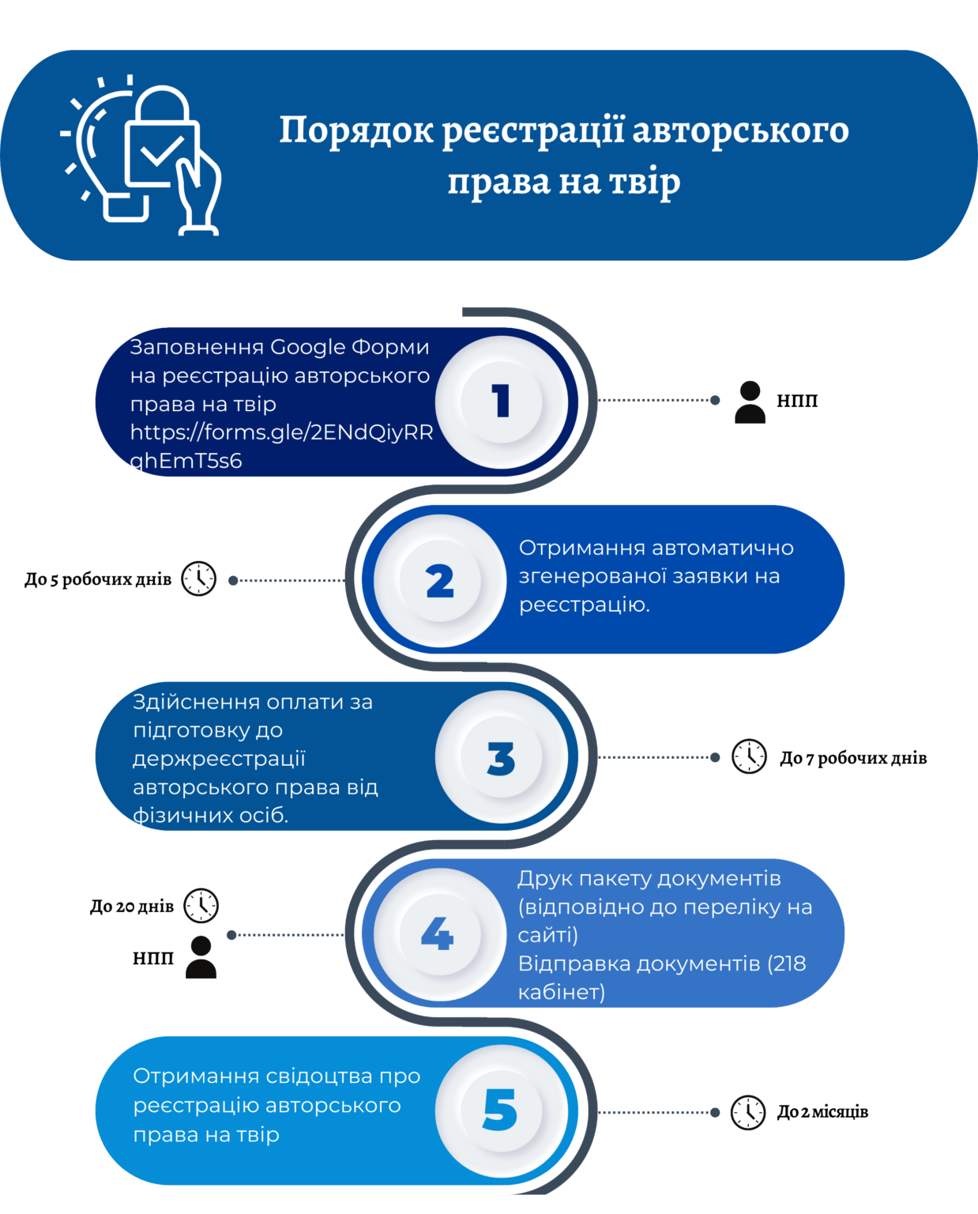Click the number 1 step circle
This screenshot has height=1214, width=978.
click(502, 402)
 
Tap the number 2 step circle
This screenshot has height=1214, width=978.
click(440, 580)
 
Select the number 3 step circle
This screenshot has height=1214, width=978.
click(502, 757)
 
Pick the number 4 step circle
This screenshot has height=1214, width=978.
click(440, 934)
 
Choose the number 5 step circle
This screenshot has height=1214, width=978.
click(502, 1111)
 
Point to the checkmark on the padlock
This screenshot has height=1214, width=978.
click(163, 151)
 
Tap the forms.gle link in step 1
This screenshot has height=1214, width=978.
click(281, 447)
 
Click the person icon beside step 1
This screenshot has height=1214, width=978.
click(750, 402)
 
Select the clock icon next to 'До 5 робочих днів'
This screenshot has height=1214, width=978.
click(198, 579)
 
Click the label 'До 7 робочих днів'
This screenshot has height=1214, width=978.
click(853, 758)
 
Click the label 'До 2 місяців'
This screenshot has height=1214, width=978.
click(822, 1112)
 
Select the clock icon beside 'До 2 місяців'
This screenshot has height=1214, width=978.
click(748, 1113)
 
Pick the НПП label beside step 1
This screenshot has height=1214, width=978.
click(797, 401)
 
